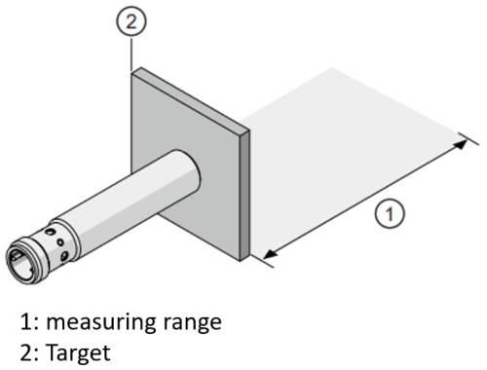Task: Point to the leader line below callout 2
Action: click(x=132, y=53)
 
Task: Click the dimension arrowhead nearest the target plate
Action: click(x=270, y=257)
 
